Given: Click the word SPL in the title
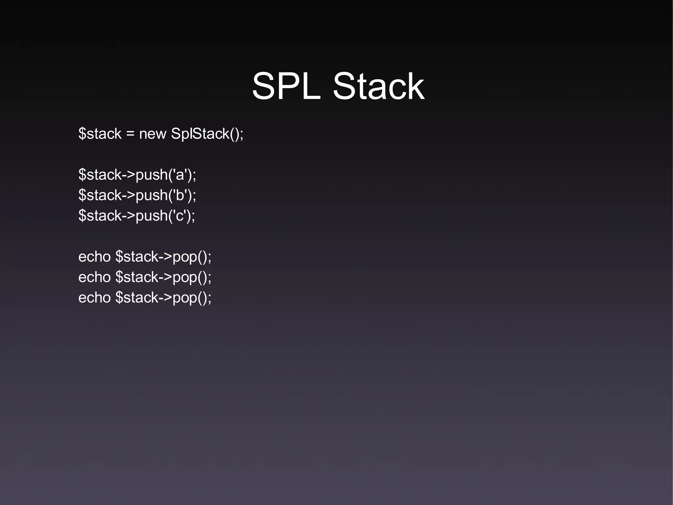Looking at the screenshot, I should (x=286, y=87).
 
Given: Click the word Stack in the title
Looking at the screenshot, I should (x=379, y=87).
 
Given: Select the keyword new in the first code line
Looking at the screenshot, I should (x=152, y=134).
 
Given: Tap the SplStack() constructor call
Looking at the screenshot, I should (x=206, y=134).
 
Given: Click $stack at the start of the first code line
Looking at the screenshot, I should (x=100, y=134).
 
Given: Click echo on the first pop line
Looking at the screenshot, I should (x=94, y=257).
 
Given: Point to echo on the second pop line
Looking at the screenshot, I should (x=94, y=277).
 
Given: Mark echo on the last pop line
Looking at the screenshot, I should (x=94, y=297).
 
